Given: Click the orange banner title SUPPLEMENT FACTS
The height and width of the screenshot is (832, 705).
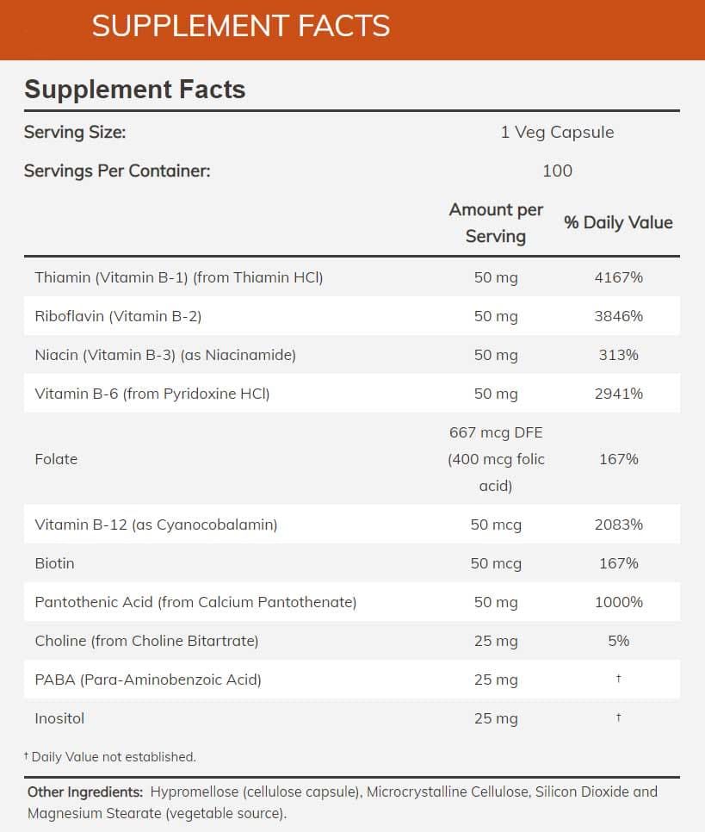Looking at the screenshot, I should (241, 26).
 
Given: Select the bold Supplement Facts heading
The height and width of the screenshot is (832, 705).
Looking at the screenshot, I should (135, 90).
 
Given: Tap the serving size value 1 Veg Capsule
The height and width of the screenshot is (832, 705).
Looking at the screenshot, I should (557, 133).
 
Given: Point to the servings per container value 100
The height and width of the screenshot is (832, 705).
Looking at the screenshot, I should (557, 171).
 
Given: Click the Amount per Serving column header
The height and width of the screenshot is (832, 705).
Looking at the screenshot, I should (496, 223).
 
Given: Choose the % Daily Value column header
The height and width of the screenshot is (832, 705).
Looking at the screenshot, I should (618, 222).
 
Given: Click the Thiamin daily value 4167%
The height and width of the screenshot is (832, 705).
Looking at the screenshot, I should (618, 277).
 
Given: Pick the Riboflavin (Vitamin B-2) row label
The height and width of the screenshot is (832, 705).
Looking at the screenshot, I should (118, 316).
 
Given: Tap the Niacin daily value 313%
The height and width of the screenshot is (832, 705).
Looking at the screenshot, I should (618, 355).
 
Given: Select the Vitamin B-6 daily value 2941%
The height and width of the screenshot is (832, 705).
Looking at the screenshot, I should (618, 394).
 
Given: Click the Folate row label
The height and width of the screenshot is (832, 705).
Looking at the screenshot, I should (56, 459).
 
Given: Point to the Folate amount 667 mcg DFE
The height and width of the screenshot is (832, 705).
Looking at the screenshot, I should (496, 433).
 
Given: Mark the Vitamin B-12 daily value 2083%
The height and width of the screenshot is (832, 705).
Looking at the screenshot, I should (618, 525).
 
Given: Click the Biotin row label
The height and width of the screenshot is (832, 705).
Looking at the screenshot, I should (54, 563).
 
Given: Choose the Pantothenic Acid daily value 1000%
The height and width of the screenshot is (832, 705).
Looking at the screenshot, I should (618, 602).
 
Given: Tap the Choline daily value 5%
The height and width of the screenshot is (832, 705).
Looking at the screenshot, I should (618, 641).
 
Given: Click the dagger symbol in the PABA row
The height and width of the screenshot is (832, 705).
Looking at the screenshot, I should (618, 679).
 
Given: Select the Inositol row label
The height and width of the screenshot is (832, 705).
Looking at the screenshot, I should (59, 718).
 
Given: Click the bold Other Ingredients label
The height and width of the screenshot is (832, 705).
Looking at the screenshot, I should (85, 792).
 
